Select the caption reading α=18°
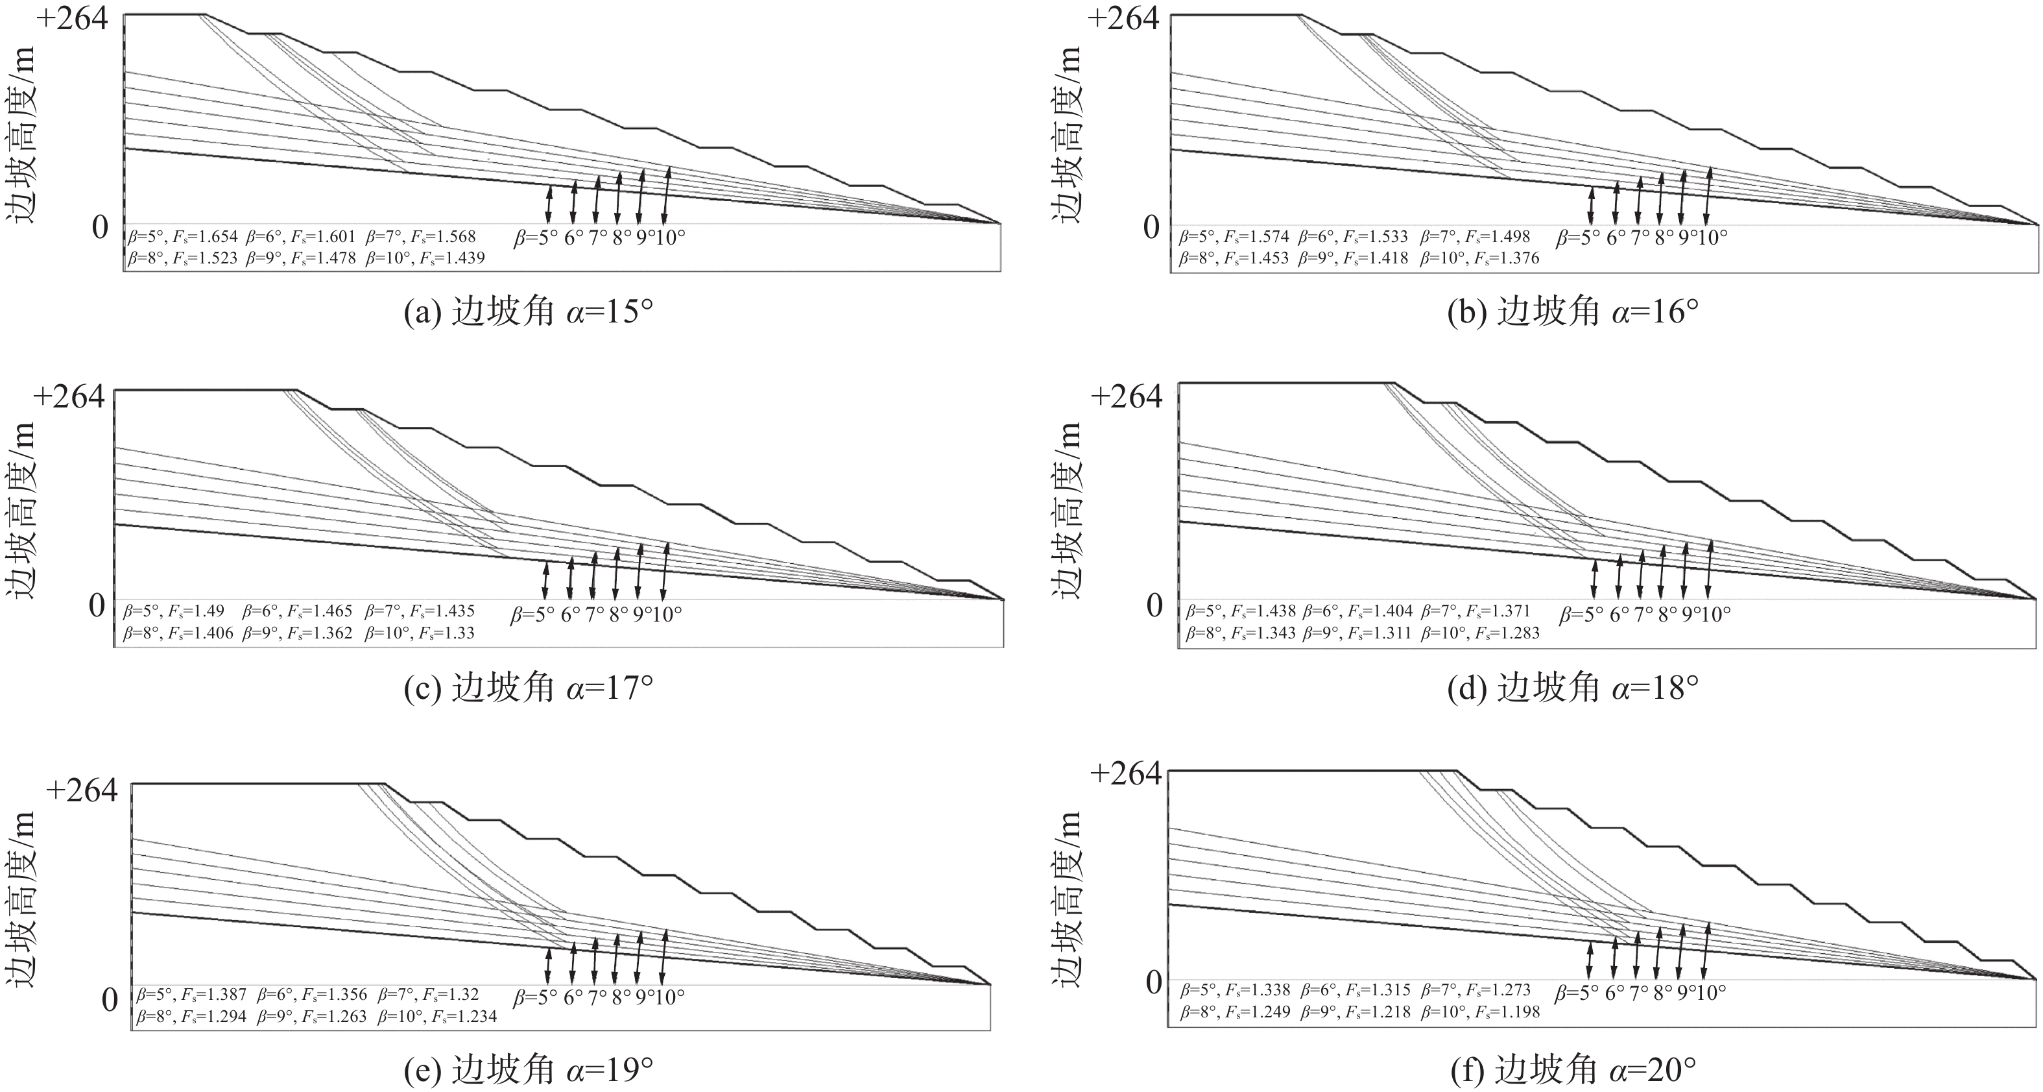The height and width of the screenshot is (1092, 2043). pyautogui.click(x=1573, y=688)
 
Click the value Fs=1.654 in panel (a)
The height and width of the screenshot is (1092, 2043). pyautogui.click(x=204, y=236)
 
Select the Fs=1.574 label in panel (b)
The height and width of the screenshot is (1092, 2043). pyautogui.click(x=1256, y=236)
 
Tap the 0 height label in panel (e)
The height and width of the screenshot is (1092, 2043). pyautogui.click(x=110, y=999)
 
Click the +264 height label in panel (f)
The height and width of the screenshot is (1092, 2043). pyautogui.click(x=1125, y=773)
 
